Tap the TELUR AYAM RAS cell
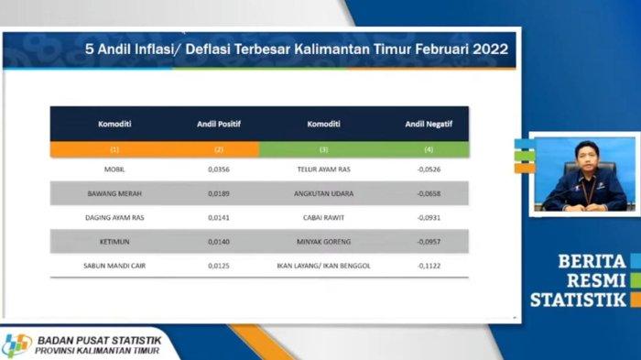[324, 169]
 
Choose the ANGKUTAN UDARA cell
[324, 194]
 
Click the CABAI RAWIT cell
[324, 218]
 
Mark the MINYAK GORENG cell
[324, 242]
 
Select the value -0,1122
[429, 266]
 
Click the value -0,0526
[429, 169]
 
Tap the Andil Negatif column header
[429, 124]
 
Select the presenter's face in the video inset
[586, 158]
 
